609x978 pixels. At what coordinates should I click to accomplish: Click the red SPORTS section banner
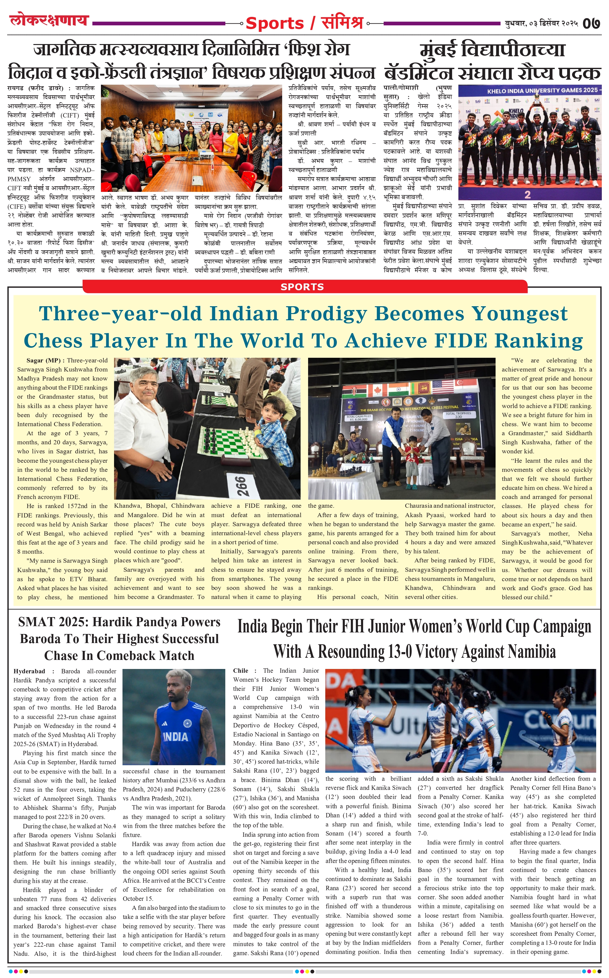302,287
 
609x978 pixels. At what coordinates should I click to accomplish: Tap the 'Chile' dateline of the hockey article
241,671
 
